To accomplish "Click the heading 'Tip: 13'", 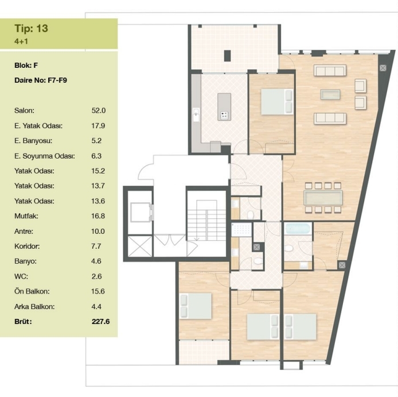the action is pos(31,29).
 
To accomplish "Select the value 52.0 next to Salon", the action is pos(99,111).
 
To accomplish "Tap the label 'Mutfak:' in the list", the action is pos(26,216).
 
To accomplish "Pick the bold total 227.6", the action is pos(100,322).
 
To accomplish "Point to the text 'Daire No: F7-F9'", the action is pos(41,80).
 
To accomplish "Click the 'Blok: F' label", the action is pos(26,65).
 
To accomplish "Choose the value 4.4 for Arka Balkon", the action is pos(96,307).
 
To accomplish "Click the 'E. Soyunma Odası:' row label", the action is pos(45,156).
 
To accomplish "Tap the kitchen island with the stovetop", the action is pos(224,106).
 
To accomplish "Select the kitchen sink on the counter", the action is pos(196,115).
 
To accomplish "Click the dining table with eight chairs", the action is pos(323,198).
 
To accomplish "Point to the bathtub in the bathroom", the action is pos(298,229).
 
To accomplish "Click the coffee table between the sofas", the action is pos(330,94).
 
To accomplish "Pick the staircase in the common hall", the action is pos(206,220).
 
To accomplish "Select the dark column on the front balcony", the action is pos(228,56).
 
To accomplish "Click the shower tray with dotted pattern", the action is pos(241,230).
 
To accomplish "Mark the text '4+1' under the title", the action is pos(21,41).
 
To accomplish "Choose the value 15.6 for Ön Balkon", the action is pos(98,291).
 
